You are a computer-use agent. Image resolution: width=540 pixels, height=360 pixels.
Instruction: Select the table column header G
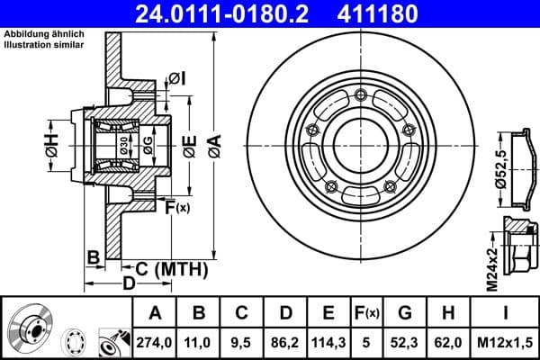[x=405, y=313]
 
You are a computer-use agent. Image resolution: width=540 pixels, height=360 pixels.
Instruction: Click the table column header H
[x=449, y=313]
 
